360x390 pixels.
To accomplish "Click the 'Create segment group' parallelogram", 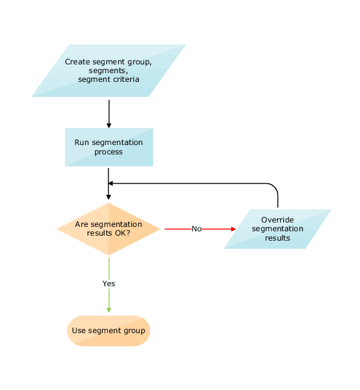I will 108,71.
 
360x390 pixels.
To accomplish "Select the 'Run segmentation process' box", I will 108,147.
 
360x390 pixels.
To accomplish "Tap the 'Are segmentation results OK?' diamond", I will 108,229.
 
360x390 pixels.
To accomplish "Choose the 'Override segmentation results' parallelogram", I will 277,229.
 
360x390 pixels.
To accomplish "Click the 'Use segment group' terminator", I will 108,331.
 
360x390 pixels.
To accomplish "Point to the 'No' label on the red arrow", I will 196,229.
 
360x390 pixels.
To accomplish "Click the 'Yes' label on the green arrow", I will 109,284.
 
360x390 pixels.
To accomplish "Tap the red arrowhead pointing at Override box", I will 234,229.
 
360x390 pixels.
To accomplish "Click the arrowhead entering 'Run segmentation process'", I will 109,124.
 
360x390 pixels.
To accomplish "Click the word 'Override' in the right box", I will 277,220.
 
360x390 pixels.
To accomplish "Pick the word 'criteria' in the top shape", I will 126,79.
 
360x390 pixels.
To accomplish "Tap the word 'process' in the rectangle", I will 109,152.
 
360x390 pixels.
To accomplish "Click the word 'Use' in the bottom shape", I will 79,331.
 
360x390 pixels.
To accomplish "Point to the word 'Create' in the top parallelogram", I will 77,62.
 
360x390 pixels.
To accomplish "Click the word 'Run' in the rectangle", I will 82,142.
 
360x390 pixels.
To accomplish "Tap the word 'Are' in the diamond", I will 82,224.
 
